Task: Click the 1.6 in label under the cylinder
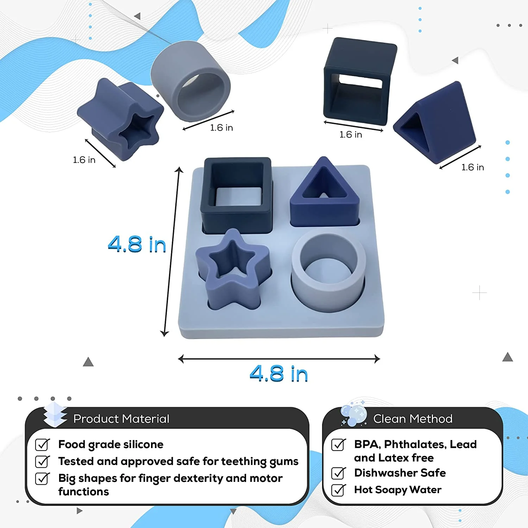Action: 221,127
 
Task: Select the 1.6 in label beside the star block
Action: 84,160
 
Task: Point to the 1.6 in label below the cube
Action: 351,134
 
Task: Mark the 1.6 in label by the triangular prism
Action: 473,167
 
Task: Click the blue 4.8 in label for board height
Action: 137,244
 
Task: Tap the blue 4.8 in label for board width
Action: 279,373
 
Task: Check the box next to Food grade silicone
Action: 42,445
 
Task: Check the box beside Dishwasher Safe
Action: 338,473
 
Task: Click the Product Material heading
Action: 121,419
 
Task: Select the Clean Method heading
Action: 413,419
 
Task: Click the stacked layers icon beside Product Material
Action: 55,414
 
